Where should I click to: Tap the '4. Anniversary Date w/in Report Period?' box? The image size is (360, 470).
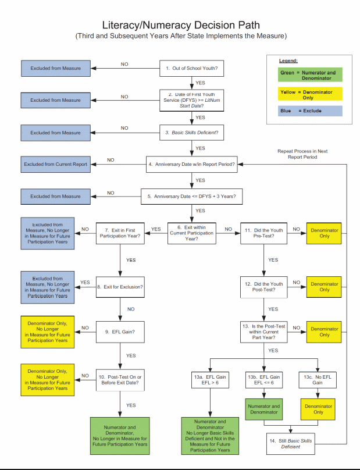191,165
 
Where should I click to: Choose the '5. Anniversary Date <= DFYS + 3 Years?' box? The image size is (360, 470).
191,197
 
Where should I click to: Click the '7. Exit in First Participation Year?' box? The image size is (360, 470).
119,233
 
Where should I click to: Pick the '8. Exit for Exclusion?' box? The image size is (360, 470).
119,287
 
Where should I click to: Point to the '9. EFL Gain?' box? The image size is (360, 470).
119,331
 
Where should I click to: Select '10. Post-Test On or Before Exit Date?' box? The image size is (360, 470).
119,380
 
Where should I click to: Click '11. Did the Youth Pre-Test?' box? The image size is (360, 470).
264,233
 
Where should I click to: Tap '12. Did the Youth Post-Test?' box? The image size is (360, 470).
264,287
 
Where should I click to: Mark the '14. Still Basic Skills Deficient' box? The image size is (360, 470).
291,444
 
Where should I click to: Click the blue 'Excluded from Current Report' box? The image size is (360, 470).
56,165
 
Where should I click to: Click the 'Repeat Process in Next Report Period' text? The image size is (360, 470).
302,154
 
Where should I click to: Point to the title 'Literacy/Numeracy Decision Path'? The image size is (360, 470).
180,26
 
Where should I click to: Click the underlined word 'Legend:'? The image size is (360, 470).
288,60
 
